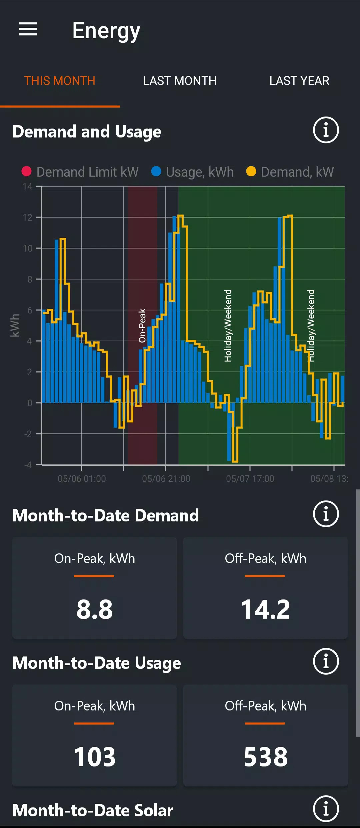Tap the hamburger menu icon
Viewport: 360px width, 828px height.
(28, 29)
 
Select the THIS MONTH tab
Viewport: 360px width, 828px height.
(60, 81)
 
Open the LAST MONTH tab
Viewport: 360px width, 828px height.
(180, 81)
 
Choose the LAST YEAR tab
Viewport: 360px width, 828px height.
(299, 81)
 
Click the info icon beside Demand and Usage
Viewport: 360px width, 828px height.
(326, 130)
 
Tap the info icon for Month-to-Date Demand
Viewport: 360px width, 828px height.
(326, 514)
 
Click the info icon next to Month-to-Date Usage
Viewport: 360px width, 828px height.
(326, 661)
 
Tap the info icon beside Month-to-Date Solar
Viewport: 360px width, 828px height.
(326, 809)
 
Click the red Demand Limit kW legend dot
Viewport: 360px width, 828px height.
(27, 171)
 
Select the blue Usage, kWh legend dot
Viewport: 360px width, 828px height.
(156, 171)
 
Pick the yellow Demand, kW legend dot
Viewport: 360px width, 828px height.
(251, 171)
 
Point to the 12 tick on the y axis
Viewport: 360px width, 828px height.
(27, 218)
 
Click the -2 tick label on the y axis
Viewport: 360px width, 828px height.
(28, 434)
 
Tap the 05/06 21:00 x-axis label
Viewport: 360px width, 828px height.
(166, 479)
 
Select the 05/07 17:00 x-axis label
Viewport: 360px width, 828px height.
(250, 479)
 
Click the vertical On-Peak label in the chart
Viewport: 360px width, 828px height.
(142, 325)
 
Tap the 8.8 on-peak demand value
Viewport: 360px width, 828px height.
(95, 609)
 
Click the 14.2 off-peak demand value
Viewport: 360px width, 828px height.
(265, 609)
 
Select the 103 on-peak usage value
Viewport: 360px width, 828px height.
(95, 757)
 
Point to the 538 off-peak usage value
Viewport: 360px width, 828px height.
(265, 757)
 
